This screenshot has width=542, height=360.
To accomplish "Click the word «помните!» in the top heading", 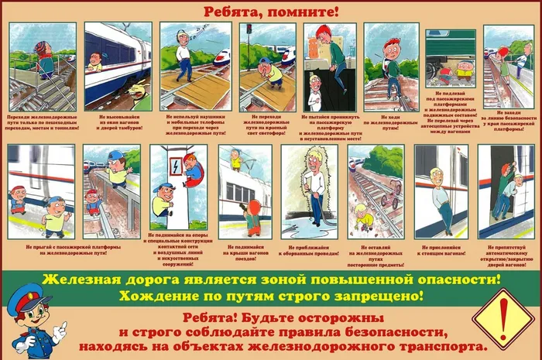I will pos(306,12).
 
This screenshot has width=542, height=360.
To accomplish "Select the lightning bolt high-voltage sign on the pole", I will pos(176,166).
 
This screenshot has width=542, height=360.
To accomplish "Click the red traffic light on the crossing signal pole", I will pos(249,29).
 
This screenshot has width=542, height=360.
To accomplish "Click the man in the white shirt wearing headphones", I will pos(184,58).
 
